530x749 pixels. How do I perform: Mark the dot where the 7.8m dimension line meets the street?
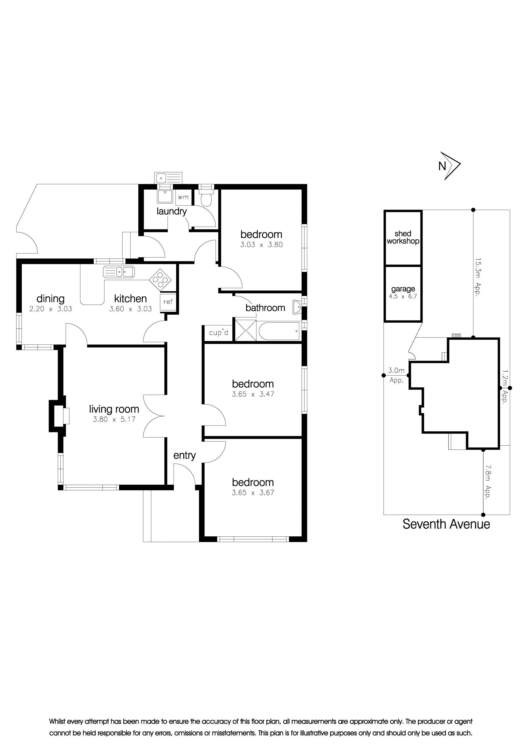pos(483,515)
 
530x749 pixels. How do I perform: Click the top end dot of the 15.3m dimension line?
pos(473,210)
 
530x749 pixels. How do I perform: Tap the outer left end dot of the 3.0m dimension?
pos(384,376)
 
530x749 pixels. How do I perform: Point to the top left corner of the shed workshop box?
pos(384,211)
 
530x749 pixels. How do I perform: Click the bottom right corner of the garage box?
pos(422,322)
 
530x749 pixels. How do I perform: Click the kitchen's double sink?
pos(118,272)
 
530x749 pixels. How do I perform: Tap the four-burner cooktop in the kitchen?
pos(160,280)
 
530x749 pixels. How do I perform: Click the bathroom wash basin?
pos(298,307)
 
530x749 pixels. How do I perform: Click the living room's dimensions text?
pos(114,419)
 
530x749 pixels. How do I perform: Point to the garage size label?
pos(403,296)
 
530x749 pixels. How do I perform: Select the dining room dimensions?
pos(51,309)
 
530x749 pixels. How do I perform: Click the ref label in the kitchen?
pos(168,302)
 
